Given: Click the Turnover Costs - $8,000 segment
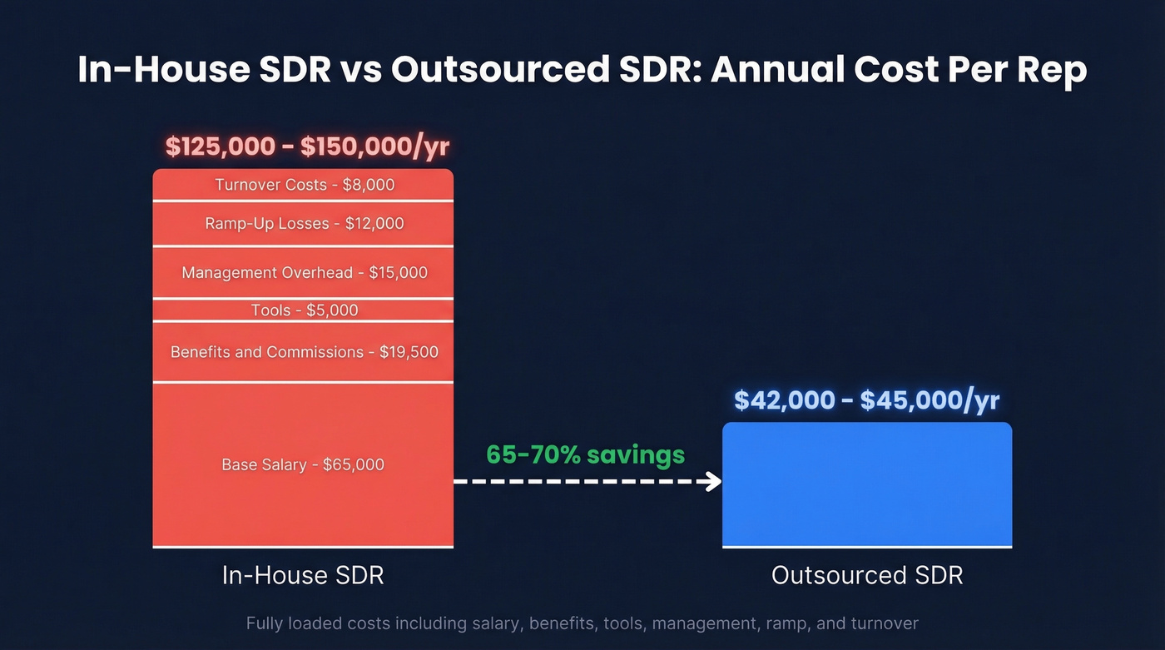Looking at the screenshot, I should [304, 184].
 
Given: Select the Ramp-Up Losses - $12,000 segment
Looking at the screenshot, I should [304, 223].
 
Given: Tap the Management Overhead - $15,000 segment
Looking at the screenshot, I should [304, 272].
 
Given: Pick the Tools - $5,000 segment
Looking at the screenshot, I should [304, 310].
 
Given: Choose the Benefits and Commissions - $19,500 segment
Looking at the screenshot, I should [304, 352].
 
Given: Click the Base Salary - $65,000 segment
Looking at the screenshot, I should [304, 464].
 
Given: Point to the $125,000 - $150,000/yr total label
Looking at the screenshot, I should [307, 146].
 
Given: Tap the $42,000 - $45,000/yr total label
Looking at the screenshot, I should [866, 400].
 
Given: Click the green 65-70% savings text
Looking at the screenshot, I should [586, 454].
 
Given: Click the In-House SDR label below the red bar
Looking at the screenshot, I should [303, 575].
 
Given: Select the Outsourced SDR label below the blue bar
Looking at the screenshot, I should [867, 575].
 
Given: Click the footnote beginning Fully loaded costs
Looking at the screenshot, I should [582, 623].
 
